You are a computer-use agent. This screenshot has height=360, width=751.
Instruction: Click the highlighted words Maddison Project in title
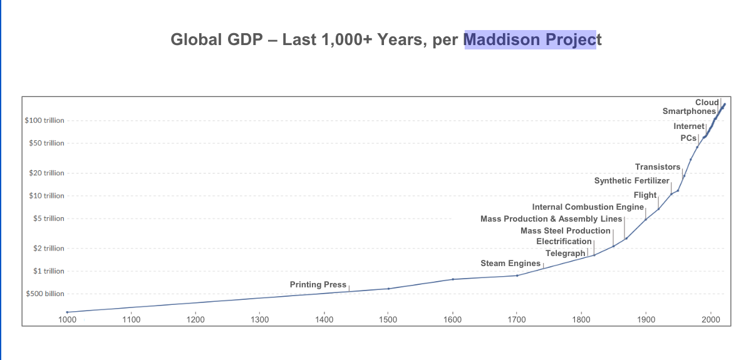529,40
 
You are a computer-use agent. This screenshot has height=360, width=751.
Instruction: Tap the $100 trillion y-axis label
44,120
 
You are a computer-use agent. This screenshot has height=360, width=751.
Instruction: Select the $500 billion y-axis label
44,294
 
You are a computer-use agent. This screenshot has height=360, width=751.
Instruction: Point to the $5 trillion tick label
49,219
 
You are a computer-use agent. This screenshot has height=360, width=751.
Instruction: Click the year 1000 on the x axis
67,319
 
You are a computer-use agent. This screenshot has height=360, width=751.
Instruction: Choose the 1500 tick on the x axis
388,319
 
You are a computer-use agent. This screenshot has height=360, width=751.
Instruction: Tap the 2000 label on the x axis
710,319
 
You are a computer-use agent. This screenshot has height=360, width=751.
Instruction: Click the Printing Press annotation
318,285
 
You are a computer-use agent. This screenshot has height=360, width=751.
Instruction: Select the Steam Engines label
510,264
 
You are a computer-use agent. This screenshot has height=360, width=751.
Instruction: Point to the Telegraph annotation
565,254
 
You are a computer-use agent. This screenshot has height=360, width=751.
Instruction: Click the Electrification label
564,242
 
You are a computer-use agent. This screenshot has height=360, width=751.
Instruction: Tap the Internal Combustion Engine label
588,207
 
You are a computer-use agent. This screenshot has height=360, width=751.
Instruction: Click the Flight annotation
645,195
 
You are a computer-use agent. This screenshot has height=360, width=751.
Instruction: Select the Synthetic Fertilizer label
631,181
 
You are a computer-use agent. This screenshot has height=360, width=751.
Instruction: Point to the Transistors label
657,167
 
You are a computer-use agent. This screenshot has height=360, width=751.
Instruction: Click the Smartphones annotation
689,111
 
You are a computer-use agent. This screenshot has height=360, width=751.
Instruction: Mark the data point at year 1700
517,275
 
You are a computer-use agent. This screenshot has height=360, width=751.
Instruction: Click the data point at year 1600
453,279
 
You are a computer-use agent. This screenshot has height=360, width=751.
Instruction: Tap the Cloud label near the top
707,102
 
